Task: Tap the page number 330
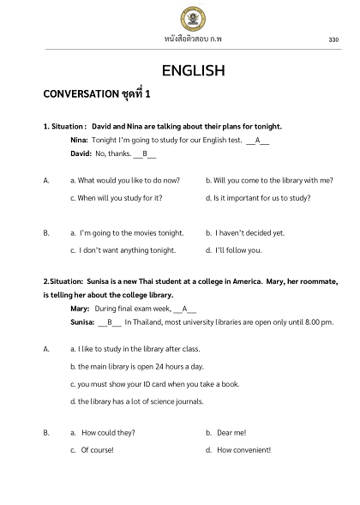(x=333, y=39)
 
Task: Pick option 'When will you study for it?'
(x=119, y=198)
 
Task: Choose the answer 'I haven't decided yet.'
(x=249, y=232)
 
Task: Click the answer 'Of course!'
(x=97, y=450)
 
